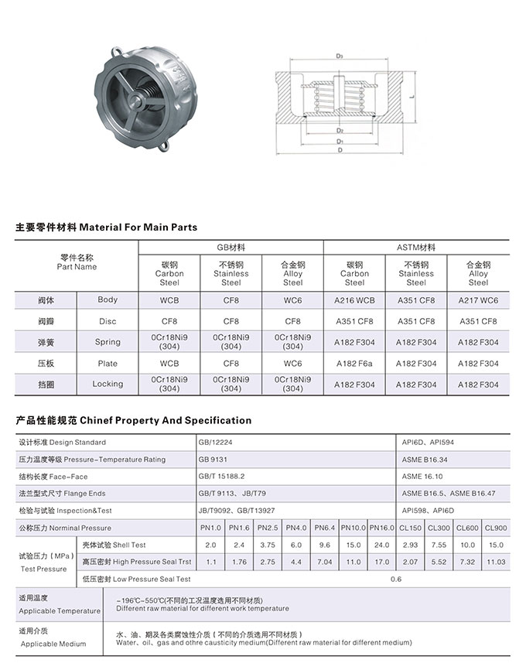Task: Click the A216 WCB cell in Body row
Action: tap(354, 299)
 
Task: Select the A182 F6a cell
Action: tap(354, 364)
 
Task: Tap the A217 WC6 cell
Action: tap(478, 299)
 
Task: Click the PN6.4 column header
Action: tap(325, 528)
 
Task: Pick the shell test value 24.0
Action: tap(381, 545)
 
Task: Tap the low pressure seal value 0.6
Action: tap(396, 579)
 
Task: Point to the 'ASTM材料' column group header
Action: tap(416, 248)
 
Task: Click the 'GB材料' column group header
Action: tap(231, 248)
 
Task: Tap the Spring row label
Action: tap(108, 342)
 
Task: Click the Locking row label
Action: tap(108, 384)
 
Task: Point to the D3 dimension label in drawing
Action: tap(340, 56)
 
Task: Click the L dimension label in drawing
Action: tap(415, 97)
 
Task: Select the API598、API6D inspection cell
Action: tap(429, 511)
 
